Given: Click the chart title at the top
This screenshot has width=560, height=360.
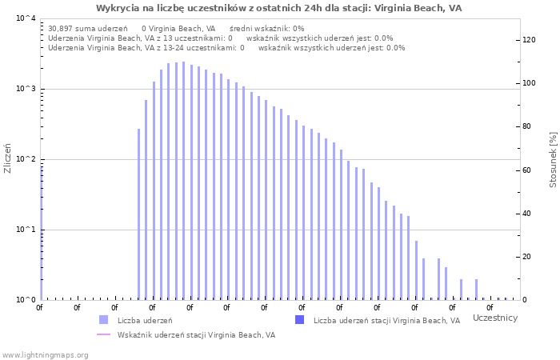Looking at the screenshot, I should pos(278,8).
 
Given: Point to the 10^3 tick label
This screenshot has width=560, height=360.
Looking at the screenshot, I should pos(26,89).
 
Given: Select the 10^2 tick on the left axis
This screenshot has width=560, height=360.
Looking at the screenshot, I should pos(26,159).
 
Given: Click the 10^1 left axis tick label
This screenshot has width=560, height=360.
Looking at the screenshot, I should pos(26,230).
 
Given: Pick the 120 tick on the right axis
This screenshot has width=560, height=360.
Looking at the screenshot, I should pos(529,40).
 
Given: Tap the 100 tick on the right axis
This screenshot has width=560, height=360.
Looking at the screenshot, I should pos(529,83).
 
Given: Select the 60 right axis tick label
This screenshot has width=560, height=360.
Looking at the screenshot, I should pos(526,170).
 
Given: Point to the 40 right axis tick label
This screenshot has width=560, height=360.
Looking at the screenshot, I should pos(526,214).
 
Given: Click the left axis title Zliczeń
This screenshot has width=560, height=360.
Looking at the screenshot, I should pos(8,158).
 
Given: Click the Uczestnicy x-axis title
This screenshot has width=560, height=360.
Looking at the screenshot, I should pos(495,318).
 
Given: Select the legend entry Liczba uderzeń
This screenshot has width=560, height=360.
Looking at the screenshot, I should pos(145,321).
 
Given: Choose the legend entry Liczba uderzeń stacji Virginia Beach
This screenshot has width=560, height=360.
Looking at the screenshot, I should pos(386,321).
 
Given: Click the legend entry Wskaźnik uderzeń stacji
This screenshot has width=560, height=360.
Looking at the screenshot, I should pos(196,335).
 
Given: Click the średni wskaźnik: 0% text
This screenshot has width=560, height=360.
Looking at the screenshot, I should pos(266,28).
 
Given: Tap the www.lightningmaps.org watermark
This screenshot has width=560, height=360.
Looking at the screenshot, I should pos(45,354).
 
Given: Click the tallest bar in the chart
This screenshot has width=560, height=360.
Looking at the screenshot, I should pos(183,181).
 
